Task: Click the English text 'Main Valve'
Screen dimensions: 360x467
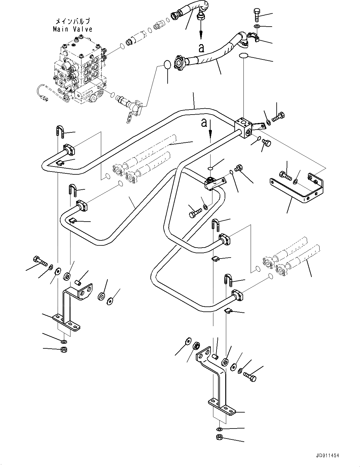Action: pyautogui.click(x=72, y=29)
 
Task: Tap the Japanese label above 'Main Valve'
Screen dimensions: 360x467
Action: pyautogui.click(x=73, y=21)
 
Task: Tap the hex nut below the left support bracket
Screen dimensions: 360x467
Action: pyautogui.click(x=64, y=350)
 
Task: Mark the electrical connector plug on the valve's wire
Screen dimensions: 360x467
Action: pyautogui.click(x=45, y=99)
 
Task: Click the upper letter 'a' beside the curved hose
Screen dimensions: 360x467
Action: pyautogui.click(x=201, y=48)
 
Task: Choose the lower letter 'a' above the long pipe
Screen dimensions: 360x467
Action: pyautogui.click(x=204, y=123)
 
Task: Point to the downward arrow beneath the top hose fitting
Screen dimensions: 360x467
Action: pyautogui.click(x=201, y=30)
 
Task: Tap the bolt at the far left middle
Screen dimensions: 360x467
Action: pyautogui.click(x=40, y=261)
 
